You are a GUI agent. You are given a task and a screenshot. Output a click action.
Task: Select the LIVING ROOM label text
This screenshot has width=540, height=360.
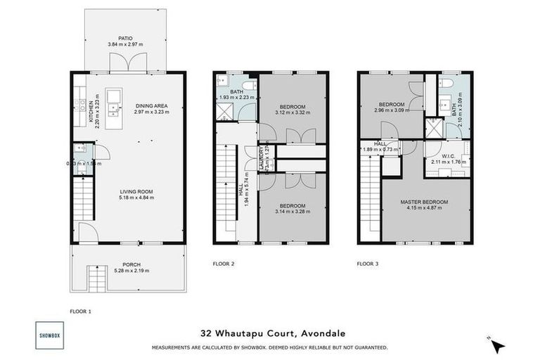point(136,191)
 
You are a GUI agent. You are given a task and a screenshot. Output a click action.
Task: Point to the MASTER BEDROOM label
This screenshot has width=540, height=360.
point(424,202)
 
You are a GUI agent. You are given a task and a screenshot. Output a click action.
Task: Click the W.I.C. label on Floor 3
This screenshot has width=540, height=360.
point(447,156)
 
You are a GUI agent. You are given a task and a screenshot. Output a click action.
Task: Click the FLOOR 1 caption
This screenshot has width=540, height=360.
point(80,310)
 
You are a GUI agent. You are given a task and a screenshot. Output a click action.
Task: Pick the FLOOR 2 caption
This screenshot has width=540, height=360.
point(223,264)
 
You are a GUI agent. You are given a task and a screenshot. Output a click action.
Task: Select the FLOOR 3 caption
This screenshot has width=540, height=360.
point(367,264)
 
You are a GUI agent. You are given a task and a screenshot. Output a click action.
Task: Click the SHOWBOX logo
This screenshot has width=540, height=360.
point(49,335)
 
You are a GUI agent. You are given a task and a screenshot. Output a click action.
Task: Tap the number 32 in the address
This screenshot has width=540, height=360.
point(205,334)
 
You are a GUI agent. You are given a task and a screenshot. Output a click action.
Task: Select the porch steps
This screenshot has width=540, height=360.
point(96,279)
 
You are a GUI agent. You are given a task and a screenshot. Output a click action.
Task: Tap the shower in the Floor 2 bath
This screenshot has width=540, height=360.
point(226,110)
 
